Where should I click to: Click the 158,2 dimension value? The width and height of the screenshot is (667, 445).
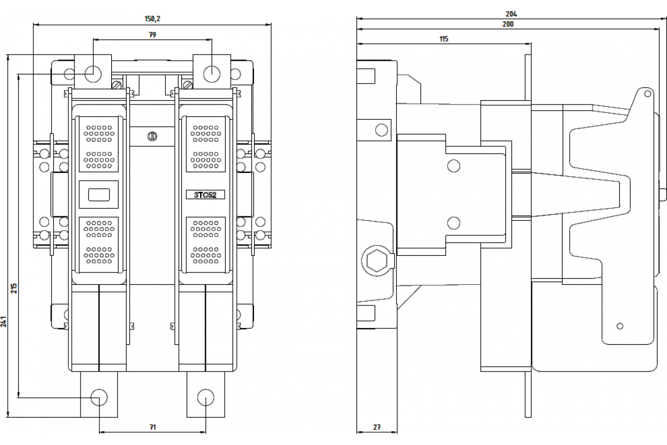pos(152,19)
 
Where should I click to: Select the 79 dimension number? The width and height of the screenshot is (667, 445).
pos(152,35)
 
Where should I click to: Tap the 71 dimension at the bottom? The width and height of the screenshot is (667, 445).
pos(152,427)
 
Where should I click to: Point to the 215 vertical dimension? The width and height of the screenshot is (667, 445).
pos(14,288)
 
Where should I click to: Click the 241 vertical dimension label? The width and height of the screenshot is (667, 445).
pos(3,322)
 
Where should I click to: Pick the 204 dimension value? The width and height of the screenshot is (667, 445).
pos(511,14)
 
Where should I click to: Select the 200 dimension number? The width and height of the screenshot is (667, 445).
pos(508,24)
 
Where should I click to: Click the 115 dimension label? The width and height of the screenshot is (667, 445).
pos(444,39)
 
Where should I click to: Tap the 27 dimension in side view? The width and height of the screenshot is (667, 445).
pos(377,427)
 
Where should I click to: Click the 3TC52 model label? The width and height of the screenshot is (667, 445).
pos(205,195)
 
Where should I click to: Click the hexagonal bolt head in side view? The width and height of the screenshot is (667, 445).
pos(377,261)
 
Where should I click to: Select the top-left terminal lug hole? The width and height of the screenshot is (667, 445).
pos(93,74)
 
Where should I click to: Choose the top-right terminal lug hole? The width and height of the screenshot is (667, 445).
pos(212,74)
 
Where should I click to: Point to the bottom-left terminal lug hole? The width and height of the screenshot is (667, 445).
pos(99,397)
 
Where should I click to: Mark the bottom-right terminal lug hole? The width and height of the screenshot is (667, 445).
pos(206,397)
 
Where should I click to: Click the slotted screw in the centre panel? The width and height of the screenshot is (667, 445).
pos(152,136)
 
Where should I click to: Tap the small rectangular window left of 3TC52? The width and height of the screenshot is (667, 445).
pos(99,195)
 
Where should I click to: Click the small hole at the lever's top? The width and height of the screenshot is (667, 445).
pos(648,94)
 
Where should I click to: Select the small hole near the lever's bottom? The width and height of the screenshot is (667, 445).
pos(620,326)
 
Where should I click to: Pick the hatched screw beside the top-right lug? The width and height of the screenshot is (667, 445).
pos(188,85)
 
